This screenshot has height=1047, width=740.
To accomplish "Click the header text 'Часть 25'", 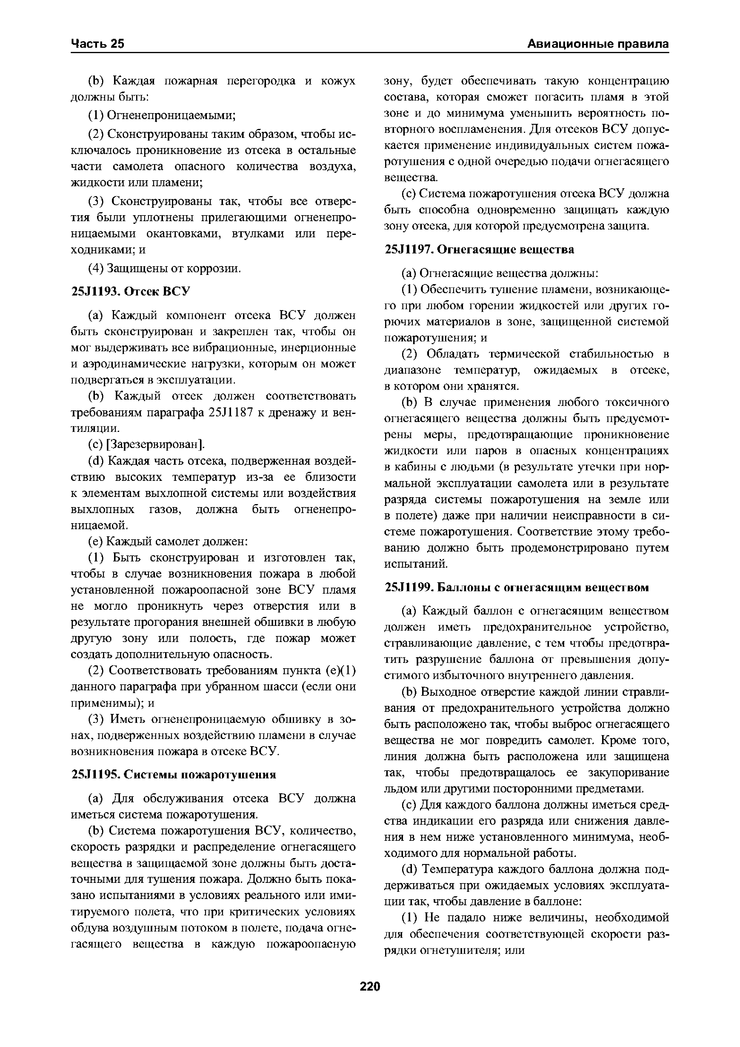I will [x=98, y=44].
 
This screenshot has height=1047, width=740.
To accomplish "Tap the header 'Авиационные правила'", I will [x=598, y=44].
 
